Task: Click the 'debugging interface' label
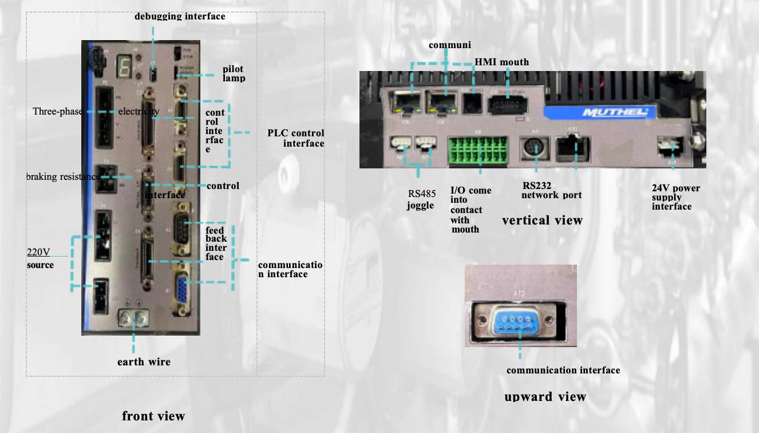click(x=180, y=17)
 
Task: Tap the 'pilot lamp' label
click(x=234, y=73)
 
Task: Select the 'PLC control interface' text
click(x=296, y=138)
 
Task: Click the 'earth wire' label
click(x=144, y=362)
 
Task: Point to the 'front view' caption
click(x=153, y=416)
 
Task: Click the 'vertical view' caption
click(x=542, y=221)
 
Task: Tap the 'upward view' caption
click(x=545, y=397)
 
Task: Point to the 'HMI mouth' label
click(x=501, y=62)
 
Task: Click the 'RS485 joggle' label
click(x=421, y=200)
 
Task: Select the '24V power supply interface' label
click(x=675, y=197)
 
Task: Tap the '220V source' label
click(x=40, y=258)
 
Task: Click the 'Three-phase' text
click(x=58, y=111)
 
